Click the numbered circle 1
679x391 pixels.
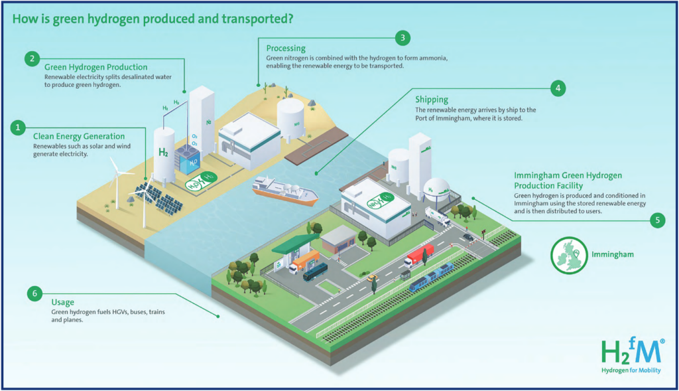pos(21,126)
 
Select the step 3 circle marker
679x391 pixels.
pos(401,38)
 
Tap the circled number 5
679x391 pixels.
pos(656,220)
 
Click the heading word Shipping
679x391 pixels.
pos(432,100)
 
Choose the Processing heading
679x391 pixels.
pos(286,48)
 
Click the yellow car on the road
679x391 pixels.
pos(372,277)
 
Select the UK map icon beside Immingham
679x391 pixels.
pos(569,254)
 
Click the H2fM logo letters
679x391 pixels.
pos(631,351)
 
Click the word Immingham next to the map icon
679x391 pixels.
pos(615,254)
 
